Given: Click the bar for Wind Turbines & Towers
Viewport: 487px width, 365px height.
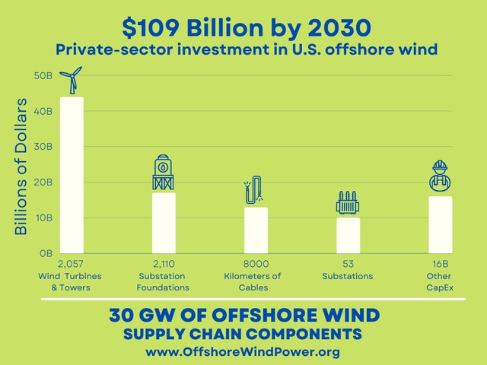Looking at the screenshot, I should (71, 175).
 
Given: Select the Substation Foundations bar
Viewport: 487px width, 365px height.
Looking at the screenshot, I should (164, 222).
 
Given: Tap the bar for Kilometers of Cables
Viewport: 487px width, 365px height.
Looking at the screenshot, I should (256, 230).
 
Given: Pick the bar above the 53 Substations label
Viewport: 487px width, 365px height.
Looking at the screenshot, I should (348, 235).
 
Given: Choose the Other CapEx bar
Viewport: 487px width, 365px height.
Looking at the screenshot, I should (440, 224).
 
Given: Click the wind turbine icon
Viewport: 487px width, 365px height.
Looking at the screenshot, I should (72, 81).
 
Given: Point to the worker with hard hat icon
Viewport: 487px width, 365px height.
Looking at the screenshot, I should (439, 177).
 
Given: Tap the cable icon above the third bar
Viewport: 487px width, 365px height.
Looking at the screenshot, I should (254, 191).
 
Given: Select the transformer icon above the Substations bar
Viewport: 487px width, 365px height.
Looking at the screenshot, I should (348, 203).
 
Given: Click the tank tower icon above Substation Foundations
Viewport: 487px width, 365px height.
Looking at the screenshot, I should (164, 173).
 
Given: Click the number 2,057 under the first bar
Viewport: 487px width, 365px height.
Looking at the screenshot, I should (70, 263).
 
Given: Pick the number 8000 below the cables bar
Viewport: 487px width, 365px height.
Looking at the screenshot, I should (255, 263).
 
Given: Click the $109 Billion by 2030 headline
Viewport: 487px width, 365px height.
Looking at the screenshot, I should (247, 28).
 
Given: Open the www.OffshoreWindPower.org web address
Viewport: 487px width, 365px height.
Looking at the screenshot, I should (243, 352).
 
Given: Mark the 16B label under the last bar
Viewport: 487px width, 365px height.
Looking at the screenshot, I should (440, 263).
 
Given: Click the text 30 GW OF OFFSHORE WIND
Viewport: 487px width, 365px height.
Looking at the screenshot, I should (243, 315).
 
